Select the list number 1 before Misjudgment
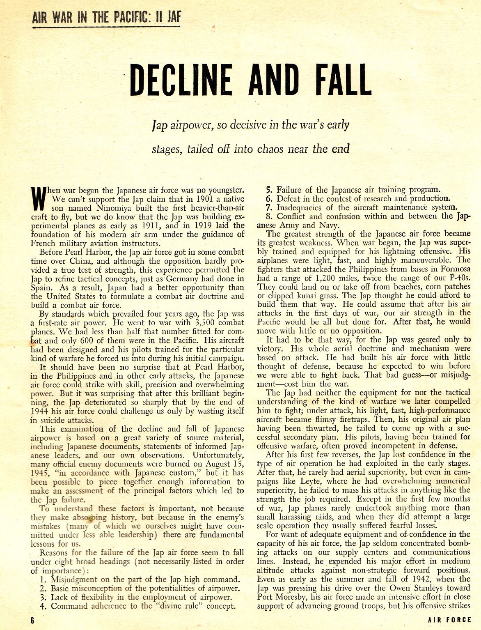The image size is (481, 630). [x=43, y=579]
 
